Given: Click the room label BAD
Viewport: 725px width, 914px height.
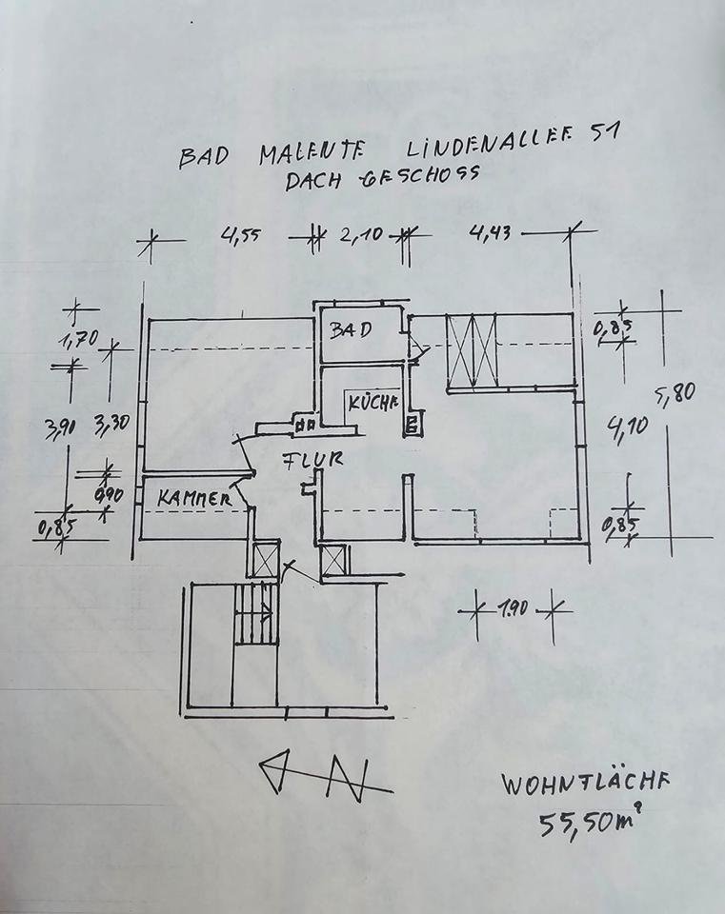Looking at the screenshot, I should tap(350, 330).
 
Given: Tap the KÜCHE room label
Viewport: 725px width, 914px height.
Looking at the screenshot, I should tap(373, 402).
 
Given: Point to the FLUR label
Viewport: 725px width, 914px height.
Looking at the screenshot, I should tap(312, 462).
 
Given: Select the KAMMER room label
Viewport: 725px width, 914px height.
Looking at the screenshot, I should tap(195, 498).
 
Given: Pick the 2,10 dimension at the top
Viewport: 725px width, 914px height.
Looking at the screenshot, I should tap(361, 233).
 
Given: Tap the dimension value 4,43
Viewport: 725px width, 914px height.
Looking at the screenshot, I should tap(487, 231).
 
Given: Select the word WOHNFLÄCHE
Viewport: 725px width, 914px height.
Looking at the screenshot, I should tap(586, 785).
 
